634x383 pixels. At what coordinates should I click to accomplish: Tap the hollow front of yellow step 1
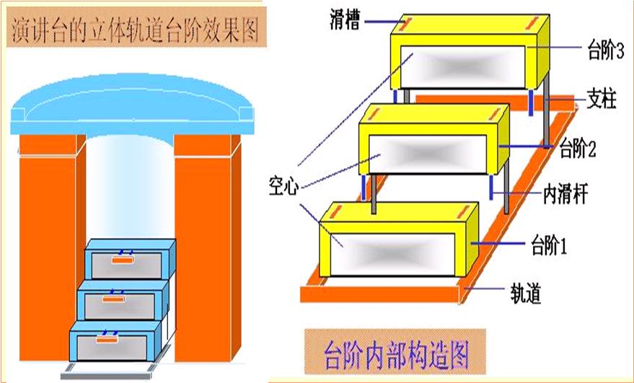click(x=390, y=251)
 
